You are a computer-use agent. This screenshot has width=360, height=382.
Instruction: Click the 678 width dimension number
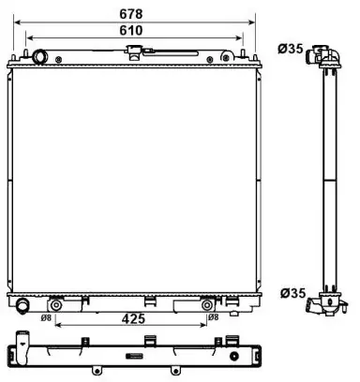(x=131, y=14)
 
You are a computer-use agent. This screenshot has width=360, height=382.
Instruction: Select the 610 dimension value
(x=131, y=31)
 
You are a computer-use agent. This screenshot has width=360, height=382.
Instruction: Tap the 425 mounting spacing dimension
(x=134, y=319)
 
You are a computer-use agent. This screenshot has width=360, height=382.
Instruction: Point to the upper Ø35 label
(x=291, y=49)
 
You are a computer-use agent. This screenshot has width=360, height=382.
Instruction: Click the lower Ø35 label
(x=292, y=293)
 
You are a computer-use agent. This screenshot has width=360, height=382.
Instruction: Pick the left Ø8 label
(x=46, y=317)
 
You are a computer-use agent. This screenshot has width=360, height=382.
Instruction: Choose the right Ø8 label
(x=213, y=317)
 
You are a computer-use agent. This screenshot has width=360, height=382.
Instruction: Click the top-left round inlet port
(x=40, y=57)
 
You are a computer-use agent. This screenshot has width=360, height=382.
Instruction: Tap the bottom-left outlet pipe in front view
(x=22, y=304)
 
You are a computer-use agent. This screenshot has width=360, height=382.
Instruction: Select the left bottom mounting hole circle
(x=55, y=305)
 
